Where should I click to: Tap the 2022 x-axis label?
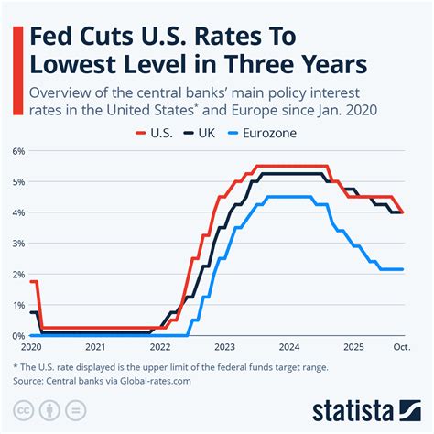click(x=159, y=348)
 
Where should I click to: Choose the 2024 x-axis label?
click(x=289, y=348)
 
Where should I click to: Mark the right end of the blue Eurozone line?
click(x=403, y=269)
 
